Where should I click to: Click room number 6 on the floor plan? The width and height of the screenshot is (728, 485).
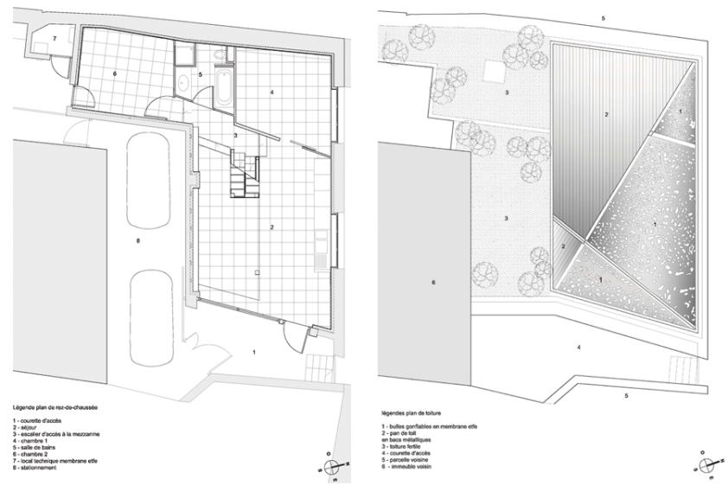(x=114, y=74)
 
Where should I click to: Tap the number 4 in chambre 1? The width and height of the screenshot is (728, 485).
(x=271, y=91)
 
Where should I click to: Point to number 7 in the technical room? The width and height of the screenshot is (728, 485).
(x=54, y=39)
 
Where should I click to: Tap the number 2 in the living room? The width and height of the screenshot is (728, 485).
(x=272, y=227)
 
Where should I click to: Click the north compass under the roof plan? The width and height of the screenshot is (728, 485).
(x=707, y=463)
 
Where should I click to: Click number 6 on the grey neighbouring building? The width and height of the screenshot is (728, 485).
(x=433, y=283)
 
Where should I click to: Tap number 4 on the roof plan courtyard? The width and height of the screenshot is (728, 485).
(x=578, y=348)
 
